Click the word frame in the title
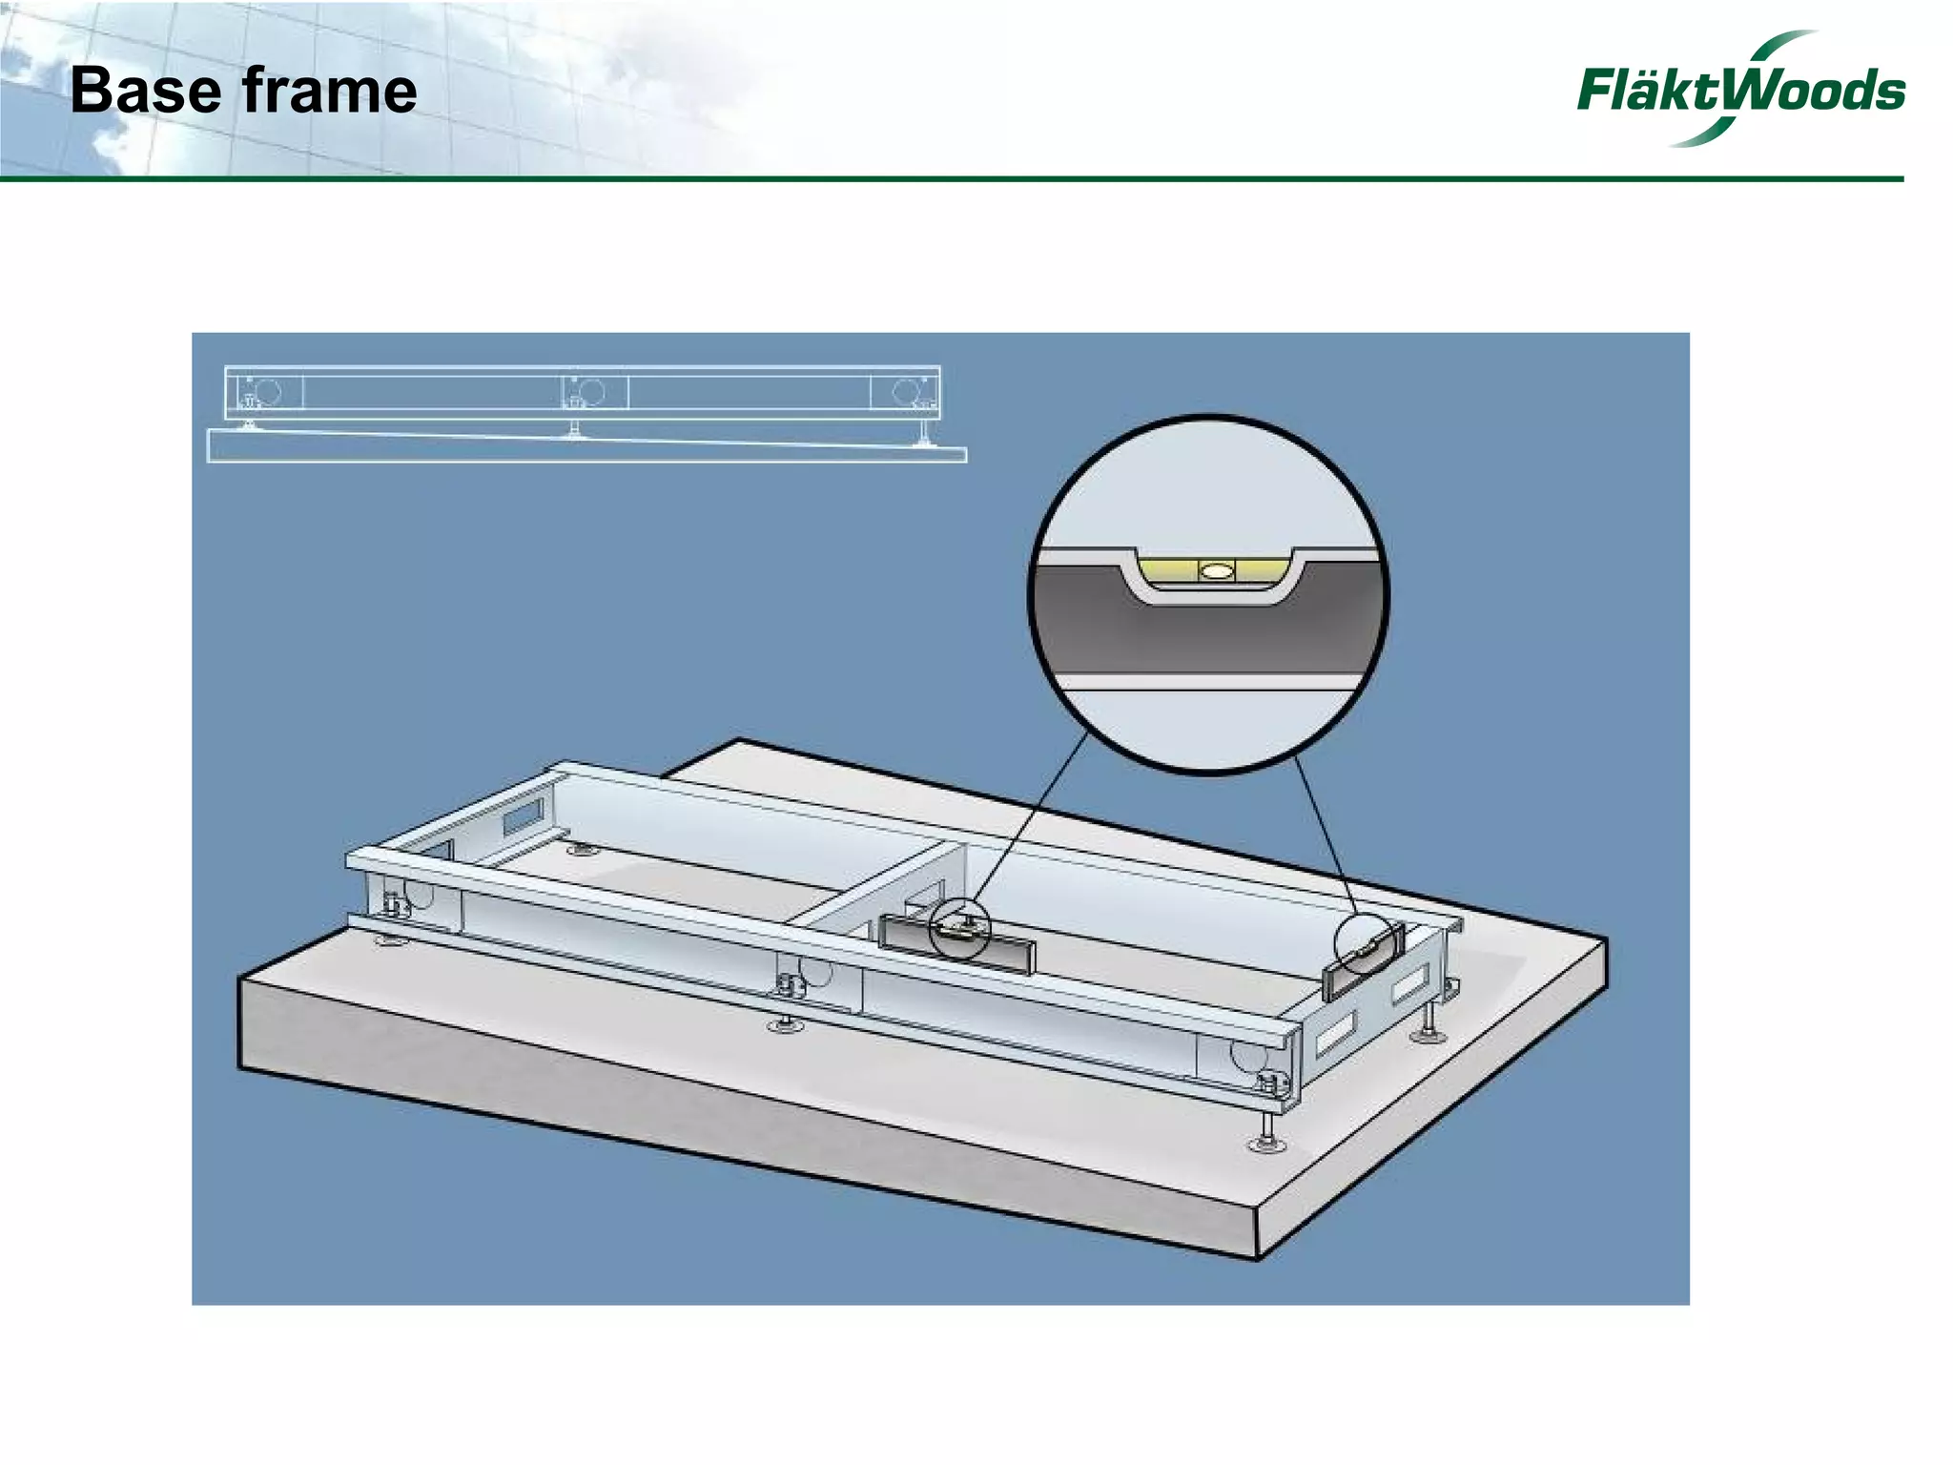[329, 92]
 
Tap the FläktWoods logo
[1739, 90]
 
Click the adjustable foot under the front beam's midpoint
[786, 1023]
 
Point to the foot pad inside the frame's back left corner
[582, 848]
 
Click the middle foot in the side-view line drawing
[575, 429]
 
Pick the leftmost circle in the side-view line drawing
[267, 391]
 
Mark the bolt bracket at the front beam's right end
[1271, 1082]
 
